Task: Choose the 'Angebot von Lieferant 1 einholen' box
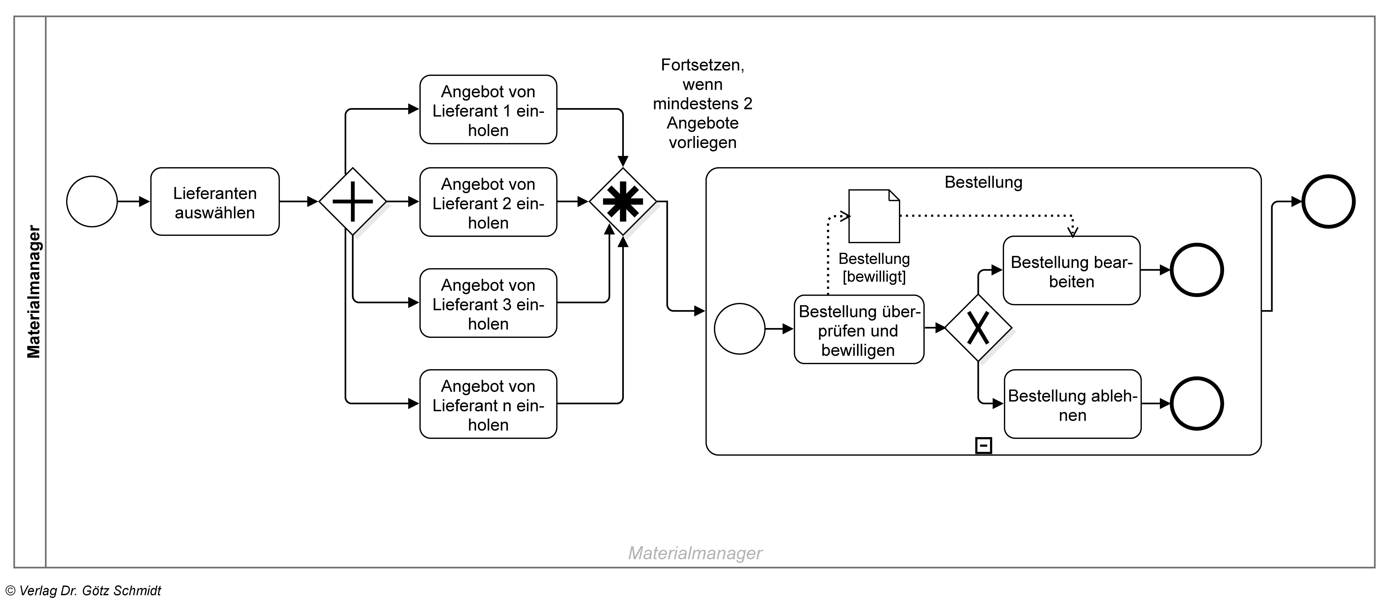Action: pyautogui.click(x=488, y=110)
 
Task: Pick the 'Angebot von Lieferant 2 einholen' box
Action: pyautogui.click(x=488, y=203)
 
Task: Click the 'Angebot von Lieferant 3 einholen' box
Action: pyautogui.click(x=488, y=303)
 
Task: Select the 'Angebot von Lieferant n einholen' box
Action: pyautogui.click(x=488, y=405)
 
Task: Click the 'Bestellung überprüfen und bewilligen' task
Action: pyautogui.click(x=859, y=330)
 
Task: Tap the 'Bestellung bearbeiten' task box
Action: pyautogui.click(x=1072, y=271)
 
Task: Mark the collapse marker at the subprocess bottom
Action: pyautogui.click(x=984, y=445)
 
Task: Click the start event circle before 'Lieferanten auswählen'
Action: pyautogui.click(x=92, y=202)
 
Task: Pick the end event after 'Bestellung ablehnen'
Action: pyautogui.click(x=1196, y=404)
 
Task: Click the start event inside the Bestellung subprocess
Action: pyautogui.click(x=739, y=329)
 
